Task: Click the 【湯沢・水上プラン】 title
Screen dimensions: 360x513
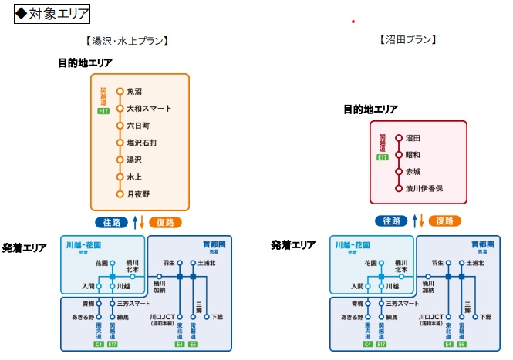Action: click(127, 41)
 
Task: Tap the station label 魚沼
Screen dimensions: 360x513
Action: click(135, 91)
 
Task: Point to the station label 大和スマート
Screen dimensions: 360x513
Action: click(149, 109)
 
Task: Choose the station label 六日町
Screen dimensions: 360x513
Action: click(138, 126)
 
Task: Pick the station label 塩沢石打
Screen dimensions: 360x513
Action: click(142, 143)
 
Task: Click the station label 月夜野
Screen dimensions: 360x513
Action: click(138, 194)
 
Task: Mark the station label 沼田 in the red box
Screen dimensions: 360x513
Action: click(413, 138)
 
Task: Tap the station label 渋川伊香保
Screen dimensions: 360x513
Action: click(424, 188)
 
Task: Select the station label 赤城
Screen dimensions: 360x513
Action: click(413, 171)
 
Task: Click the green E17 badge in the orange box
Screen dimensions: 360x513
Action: click(103, 112)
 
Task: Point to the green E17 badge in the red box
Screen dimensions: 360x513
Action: click(382, 157)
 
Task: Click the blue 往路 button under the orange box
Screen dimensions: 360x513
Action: click(112, 222)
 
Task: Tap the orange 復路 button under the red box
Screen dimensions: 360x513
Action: click(444, 220)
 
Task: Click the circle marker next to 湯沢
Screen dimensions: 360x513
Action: click(120, 160)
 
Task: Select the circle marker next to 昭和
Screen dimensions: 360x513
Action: click(399, 155)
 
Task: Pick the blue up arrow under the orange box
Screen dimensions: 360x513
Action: click(135, 222)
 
